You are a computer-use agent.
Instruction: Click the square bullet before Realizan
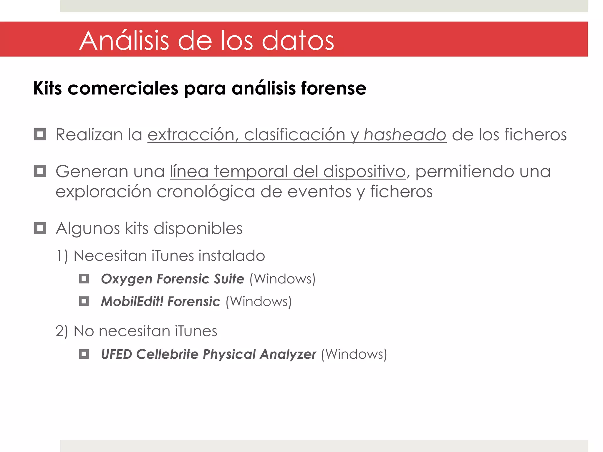point(40,134)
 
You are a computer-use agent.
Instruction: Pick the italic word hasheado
point(405,135)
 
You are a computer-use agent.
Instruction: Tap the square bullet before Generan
point(40,171)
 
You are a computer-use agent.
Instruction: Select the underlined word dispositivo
point(365,172)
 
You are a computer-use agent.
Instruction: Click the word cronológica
point(206,192)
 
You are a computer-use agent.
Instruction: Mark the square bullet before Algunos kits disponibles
point(40,228)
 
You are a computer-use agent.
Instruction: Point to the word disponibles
point(198,228)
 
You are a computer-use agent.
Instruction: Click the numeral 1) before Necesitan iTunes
point(62,256)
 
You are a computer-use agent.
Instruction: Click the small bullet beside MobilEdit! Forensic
point(84,301)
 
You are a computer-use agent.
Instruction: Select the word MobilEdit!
point(132,301)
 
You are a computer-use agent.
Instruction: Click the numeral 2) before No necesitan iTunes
point(62,331)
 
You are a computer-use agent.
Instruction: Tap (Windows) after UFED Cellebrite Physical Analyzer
point(354,354)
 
